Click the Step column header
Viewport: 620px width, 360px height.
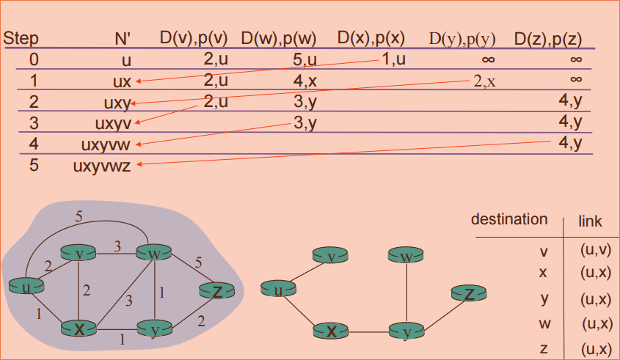pyautogui.click(x=21, y=38)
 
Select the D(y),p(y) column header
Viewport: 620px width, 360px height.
pyautogui.click(x=462, y=38)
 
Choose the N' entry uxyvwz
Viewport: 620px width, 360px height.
pyautogui.click(x=102, y=164)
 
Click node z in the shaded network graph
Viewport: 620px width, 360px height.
pyautogui.click(x=217, y=291)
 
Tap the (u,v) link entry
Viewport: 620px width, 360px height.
pyautogui.click(x=595, y=250)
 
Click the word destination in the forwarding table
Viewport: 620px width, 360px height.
pyautogui.click(x=508, y=219)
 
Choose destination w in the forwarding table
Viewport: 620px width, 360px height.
pyautogui.click(x=544, y=323)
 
